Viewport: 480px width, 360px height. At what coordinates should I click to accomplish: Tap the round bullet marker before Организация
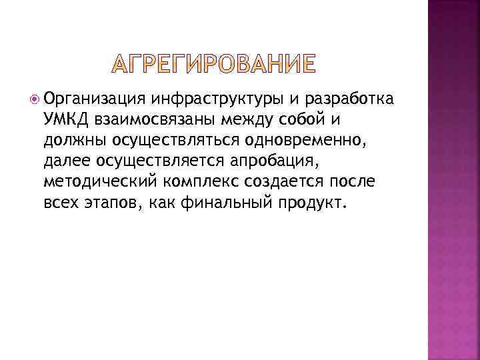(x=33, y=100)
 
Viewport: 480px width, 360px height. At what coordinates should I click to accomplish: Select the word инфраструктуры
(x=217, y=100)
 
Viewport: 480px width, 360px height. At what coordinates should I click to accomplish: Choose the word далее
(x=65, y=160)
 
